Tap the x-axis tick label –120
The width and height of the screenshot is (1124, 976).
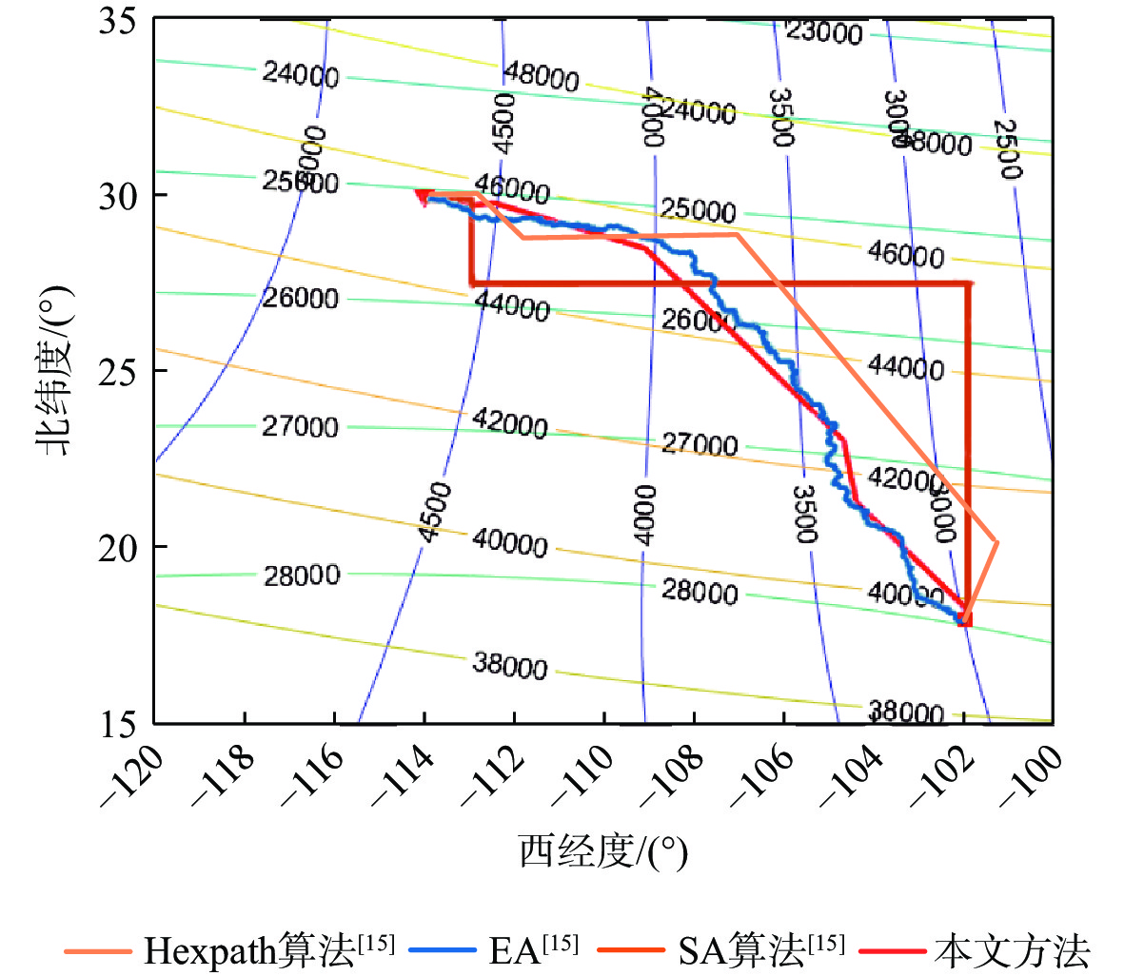pos(131,775)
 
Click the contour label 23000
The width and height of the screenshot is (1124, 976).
pos(824,33)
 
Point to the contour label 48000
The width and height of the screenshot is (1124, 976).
pos(541,75)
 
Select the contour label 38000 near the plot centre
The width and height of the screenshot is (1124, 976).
pos(509,666)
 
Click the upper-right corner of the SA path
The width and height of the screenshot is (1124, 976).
pos(969,283)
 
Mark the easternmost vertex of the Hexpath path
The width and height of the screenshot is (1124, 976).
pos(996,541)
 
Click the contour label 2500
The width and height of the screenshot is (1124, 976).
pos(1007,149)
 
